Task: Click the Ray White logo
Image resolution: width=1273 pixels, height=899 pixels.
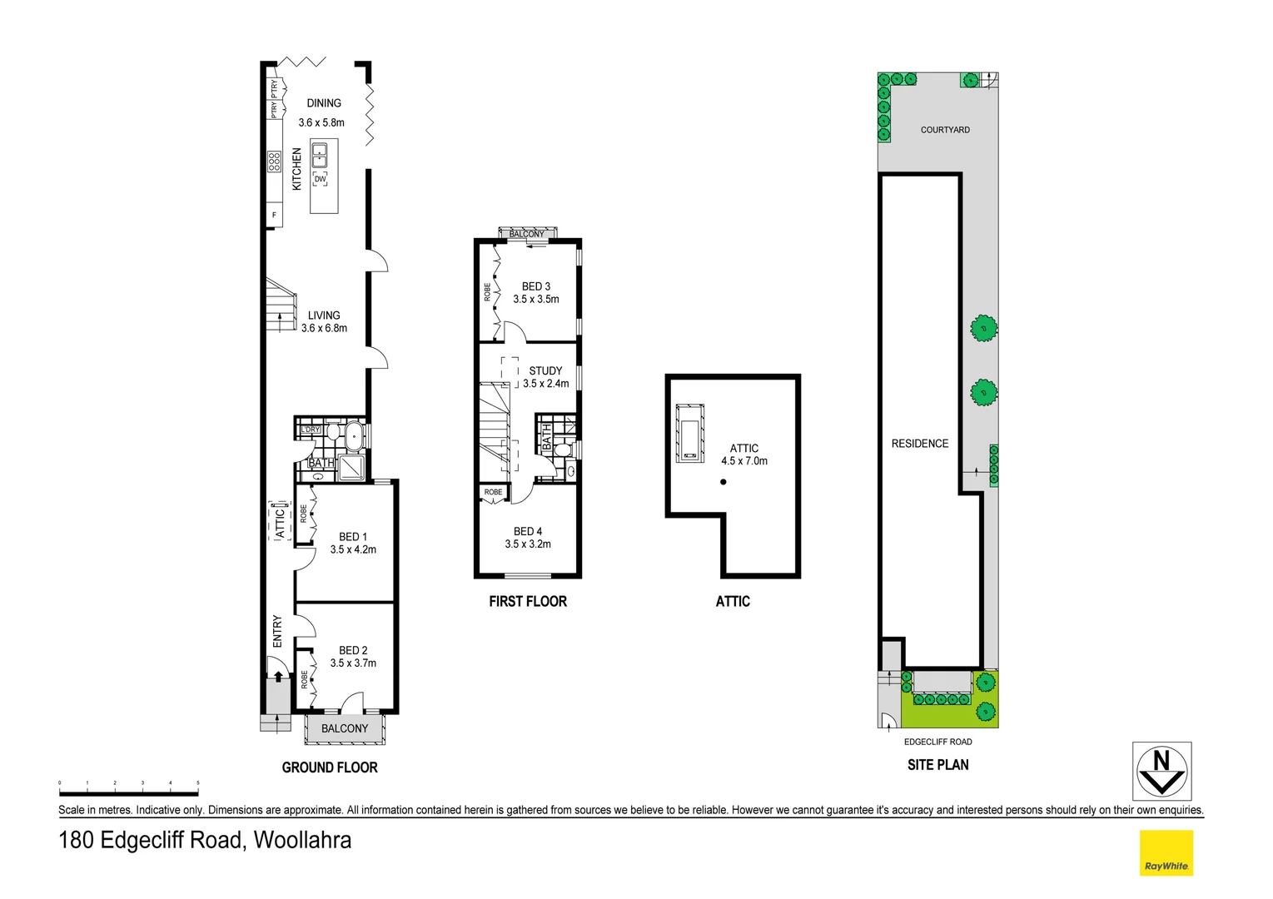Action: (1166, 853)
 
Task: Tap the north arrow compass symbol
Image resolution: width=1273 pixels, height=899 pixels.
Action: (1161, 771)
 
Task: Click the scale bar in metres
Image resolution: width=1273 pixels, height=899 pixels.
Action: (128, 792)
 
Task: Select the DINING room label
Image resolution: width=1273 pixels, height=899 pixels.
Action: (324, 103)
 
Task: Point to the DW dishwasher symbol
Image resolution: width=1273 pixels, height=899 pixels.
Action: (321, 179)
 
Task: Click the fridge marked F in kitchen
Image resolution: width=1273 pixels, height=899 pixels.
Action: (274, 216)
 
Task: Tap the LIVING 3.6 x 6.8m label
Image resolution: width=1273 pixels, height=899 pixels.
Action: (324, 321)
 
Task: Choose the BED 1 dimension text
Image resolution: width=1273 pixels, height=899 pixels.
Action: (353, 549)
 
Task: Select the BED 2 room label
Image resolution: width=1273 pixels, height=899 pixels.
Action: (353, 650)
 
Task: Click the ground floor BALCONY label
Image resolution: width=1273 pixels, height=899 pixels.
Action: (345, 728)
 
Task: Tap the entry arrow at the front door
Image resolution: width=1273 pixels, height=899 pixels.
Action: (278, 677)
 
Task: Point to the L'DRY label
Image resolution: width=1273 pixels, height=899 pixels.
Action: (310, 430)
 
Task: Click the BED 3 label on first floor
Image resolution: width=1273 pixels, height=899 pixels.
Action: (536, 286)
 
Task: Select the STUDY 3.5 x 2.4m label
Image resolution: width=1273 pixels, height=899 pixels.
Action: (546, 377)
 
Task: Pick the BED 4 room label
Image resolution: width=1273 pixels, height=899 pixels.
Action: (528, 531)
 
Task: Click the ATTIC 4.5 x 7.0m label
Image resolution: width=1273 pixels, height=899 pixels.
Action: (744, 454)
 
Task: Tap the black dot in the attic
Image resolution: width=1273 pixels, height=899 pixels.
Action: (723, 482)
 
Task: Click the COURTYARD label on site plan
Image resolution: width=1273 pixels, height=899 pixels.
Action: (945, 130)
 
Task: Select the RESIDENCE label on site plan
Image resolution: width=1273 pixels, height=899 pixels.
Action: (920, 444)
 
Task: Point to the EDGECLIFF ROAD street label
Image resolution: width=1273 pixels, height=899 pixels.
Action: (937, 742)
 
